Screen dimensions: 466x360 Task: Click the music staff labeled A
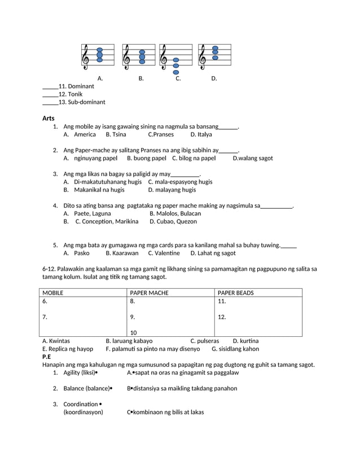(98, 56)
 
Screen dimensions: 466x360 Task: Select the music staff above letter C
(175, 58)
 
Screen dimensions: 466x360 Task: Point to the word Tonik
(74, 94)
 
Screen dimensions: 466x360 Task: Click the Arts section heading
(48, 118)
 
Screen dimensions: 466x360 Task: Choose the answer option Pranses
(161, 135)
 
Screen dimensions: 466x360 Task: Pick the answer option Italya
(201, 135)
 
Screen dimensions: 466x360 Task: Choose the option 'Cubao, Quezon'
(173, 222)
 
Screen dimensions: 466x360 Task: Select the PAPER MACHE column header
(149, 293)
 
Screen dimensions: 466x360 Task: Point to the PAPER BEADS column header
(235, 293)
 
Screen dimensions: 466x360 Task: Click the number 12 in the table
(222, 317)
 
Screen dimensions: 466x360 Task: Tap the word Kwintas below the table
(59, 341)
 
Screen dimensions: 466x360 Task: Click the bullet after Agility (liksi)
(96, 373)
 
